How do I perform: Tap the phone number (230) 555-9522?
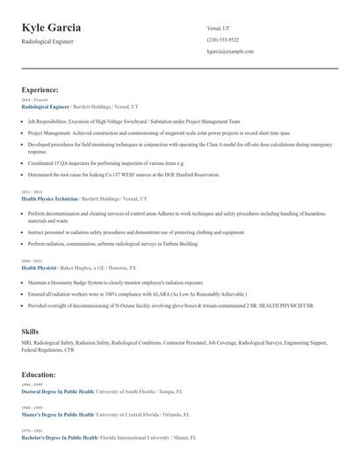222,40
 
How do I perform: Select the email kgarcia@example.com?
230,52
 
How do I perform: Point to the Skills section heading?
30,330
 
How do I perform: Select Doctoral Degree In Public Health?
58,390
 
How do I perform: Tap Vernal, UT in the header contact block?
220,28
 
